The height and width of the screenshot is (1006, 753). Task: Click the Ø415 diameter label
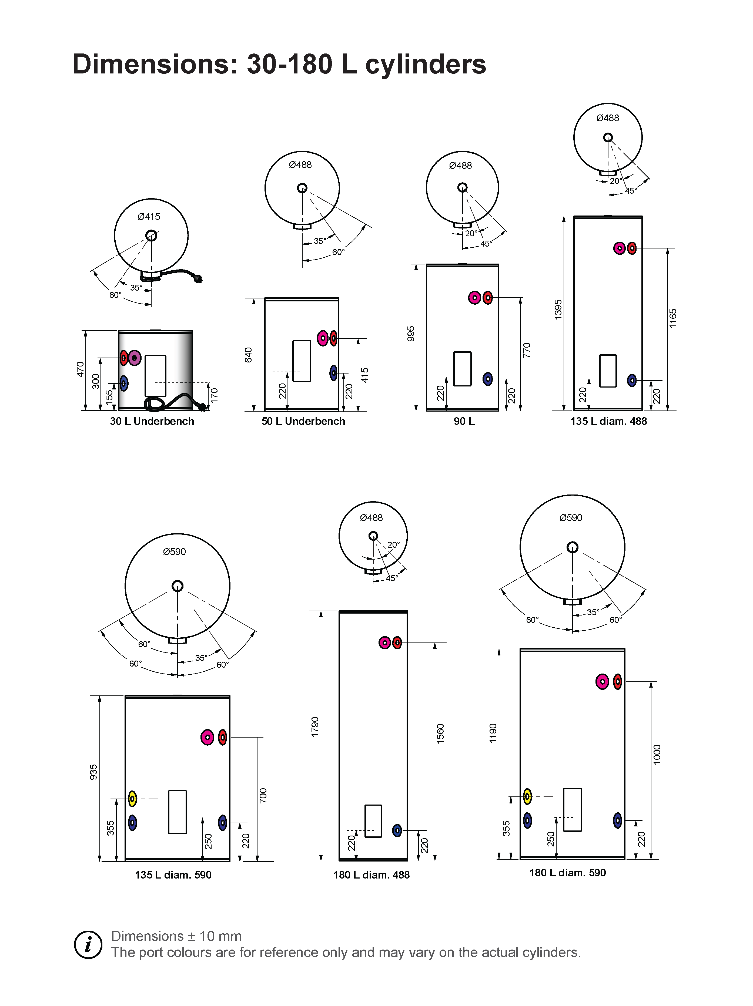tap(149, 217)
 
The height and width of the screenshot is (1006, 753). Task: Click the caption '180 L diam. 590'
tap(567, 873)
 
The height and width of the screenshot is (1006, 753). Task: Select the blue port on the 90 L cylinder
tap(487, 379)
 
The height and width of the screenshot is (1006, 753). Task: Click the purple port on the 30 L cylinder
tap(134, 358)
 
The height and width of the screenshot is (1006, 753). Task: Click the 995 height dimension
tap(411, 333)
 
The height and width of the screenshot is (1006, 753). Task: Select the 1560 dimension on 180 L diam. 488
tap(440, 734)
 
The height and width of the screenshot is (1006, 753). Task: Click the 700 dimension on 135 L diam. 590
tap(263, 795)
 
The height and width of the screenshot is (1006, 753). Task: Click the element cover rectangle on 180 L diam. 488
tap(373, 821)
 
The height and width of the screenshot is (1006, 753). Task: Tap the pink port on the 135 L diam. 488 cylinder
tap(619, 248)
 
